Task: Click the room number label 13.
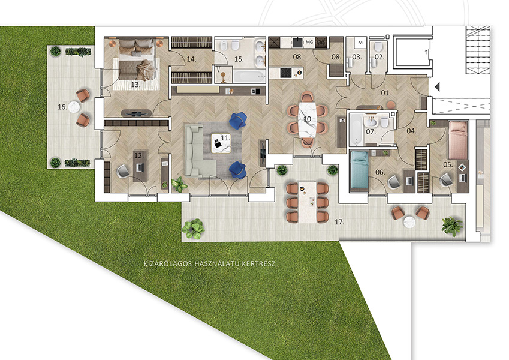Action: pyautogui.click(x=135, y=85)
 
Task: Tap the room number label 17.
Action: pyautogui.click(x=339, y=222)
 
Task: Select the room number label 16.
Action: pyautogui.click(x=62, y=107)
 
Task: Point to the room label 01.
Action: pyautogui.click(x=385, y=93)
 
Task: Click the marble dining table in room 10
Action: pyautogui.click(x=308, y=119)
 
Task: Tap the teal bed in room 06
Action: pyautogui.click(x=359, y=170)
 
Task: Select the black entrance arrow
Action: pyautogui.click(x=437, y=86)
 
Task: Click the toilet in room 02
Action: pyautogui.click(x=378, y=47)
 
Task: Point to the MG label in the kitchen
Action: pyautogui.click(x=309, y=42)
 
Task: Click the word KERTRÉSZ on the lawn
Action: pyautogui.click(x=259, y=263)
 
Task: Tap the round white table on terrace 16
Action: pyautogui.click(x=74, y=107)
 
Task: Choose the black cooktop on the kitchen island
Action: pyautogui.click(x=286, y=73)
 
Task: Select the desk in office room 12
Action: pyautogui.click(x=140, y=166)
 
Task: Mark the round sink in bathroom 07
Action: pyautogui.click(x=370, y=123)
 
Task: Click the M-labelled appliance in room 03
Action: pyautogui.click(x=360, y=42)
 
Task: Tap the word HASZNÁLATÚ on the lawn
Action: pyautogui.click(x=217, y=263)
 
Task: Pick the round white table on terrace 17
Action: pyautogui.click(x=409, y=222)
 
